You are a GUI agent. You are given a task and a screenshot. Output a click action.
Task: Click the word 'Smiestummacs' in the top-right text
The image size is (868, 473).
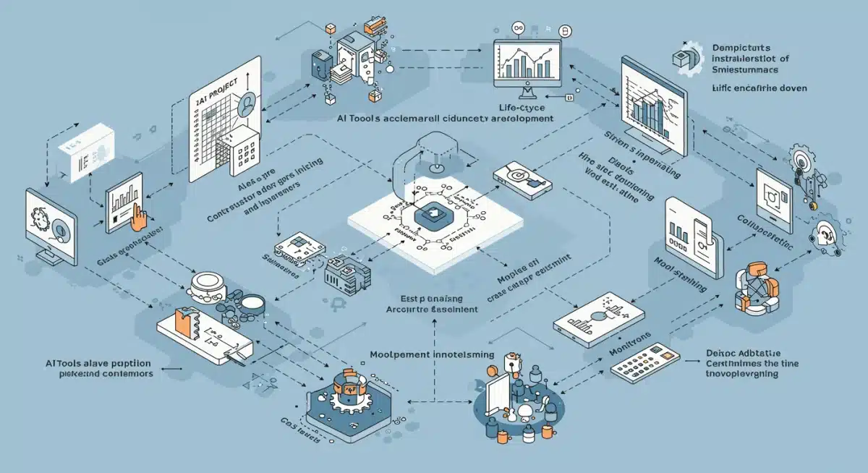[x=751, y=70]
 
